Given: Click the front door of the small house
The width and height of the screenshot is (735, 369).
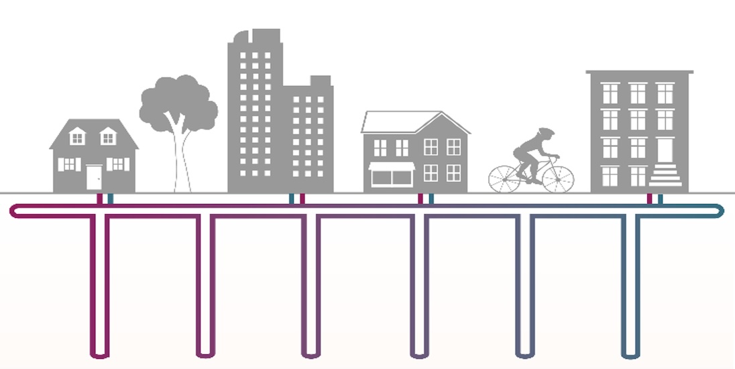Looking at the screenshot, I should click(94, 178).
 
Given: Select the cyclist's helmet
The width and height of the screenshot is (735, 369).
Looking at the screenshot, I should click(547, 133).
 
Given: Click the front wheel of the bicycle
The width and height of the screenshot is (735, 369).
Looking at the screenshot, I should click(558, 178).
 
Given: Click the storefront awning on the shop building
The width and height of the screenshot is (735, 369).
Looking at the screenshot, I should click(392, 166).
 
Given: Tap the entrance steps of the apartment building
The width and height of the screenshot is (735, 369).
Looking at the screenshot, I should click(666, 176).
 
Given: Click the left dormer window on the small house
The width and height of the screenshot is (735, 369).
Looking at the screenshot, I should click(78, 138).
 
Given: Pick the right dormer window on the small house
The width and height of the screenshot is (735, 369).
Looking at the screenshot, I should click(108, 138).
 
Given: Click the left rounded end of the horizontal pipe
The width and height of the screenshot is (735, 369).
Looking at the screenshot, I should click(14, 212).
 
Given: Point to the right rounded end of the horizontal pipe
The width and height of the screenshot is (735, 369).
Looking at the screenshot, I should click(721, 211).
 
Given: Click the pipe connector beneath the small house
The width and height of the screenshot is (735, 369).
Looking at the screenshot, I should click(105, 199).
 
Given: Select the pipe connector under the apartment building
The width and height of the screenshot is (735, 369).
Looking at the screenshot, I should click(655, 199).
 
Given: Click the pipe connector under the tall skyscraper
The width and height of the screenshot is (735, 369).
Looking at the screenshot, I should click(296, 199).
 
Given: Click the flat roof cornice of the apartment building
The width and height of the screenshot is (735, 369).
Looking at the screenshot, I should click(639, 71).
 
